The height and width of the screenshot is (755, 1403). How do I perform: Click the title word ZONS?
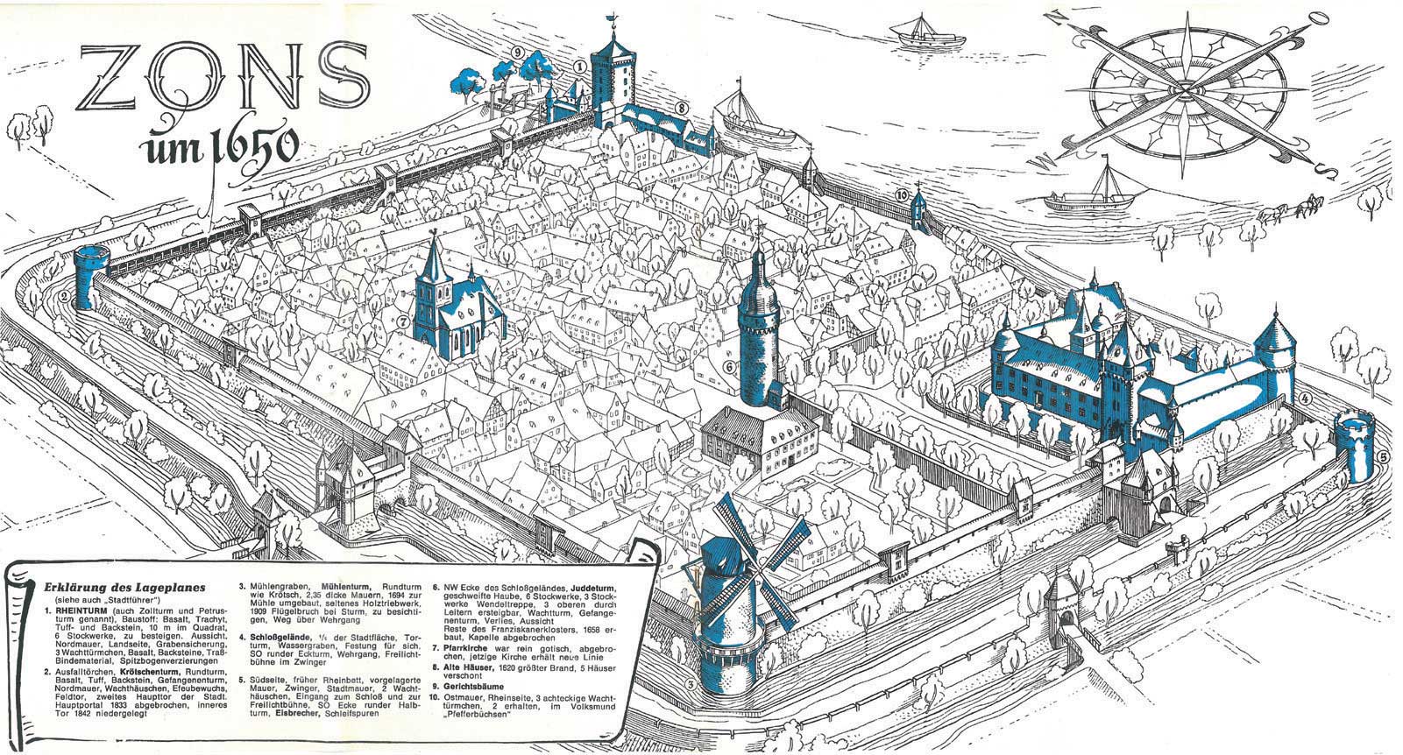click(x=223, y=77)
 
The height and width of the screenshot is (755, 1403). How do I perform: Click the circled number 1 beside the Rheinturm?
click(x=579, y=66)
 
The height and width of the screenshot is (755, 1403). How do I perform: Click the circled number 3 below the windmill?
click(x=691, y=685)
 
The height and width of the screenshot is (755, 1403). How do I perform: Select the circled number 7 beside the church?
click(x=402, y=321)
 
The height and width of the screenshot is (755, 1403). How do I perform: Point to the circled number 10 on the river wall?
click(x=901, y=194)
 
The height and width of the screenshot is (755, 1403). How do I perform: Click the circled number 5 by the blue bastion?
click(x=1381, y=456)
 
